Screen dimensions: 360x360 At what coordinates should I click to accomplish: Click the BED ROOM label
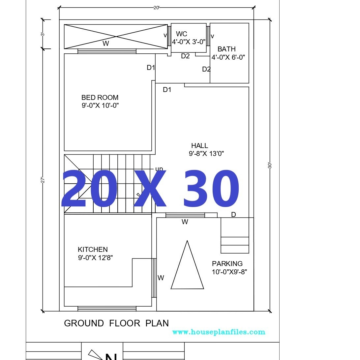[x=100, y=98]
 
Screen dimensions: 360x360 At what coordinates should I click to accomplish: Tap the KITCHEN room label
[x=93, y=250]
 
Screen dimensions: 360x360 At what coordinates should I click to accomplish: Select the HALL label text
[x=199, y=146]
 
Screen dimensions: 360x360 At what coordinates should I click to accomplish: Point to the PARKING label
[x=227, y=264]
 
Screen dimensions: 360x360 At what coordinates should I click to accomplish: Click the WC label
[x=181, y=34]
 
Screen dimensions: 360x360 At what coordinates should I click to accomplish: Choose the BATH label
[x=226, y=49]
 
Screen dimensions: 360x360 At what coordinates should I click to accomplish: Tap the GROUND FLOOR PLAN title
[x=116, y=323]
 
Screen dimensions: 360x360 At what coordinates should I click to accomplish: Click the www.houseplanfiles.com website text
[x=219, y=332]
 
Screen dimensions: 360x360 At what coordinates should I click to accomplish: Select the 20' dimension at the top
[x=157, y=8]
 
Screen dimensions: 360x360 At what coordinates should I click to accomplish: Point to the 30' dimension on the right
[x=270, y=165]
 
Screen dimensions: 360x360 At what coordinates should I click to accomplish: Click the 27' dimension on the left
[x=43, y=180]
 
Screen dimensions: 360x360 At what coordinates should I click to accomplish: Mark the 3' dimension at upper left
[x=43, y=34]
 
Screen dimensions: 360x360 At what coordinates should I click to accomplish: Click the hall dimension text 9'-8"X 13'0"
[x=206, y=154]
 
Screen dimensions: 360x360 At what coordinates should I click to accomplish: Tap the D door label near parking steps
[x=233, y=215]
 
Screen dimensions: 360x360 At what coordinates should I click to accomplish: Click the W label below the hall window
[x=185, y=222]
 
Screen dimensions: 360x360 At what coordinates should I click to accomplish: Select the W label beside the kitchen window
[x=161, y=278]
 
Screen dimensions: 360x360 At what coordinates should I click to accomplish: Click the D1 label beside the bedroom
[x=151, y=68]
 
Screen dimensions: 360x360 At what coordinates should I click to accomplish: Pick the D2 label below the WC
[x=185, y=56]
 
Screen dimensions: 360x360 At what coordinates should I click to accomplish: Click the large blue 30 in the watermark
[x=211, y=191]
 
